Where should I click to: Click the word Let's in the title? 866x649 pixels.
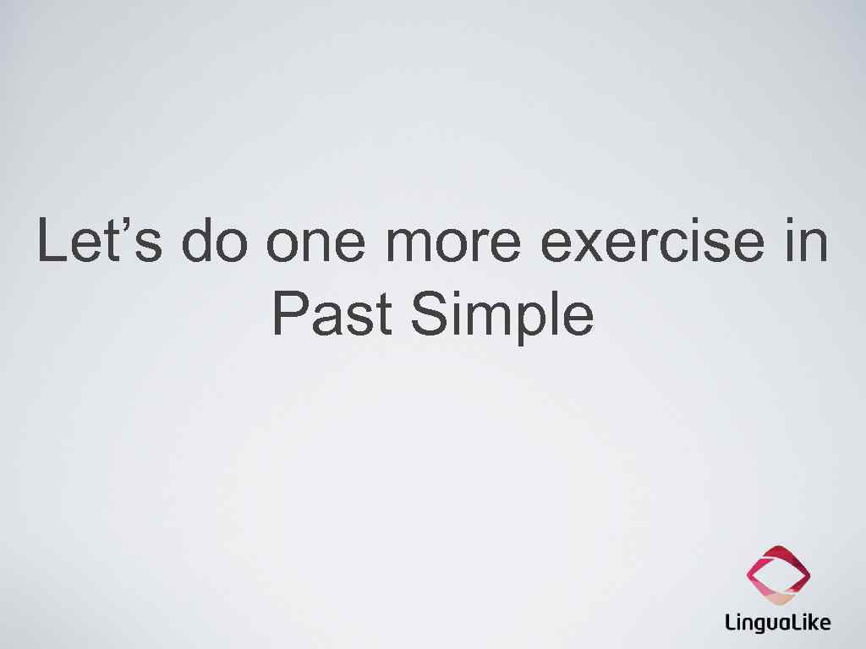tap(100, 241)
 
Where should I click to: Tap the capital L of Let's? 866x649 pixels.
tap(52, 241)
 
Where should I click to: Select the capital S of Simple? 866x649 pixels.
tap(427, 314)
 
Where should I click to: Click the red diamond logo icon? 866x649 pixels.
tap(778, 575)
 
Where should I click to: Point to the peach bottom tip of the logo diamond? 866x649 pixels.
tap(779, 599)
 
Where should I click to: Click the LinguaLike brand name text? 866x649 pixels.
tap(778, 624)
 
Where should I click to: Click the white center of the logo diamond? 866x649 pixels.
tap(779, 575)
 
